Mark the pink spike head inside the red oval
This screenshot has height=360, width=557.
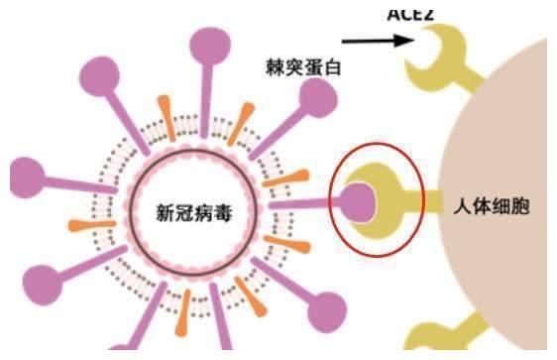357,200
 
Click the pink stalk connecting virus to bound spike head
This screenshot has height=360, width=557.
312,203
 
